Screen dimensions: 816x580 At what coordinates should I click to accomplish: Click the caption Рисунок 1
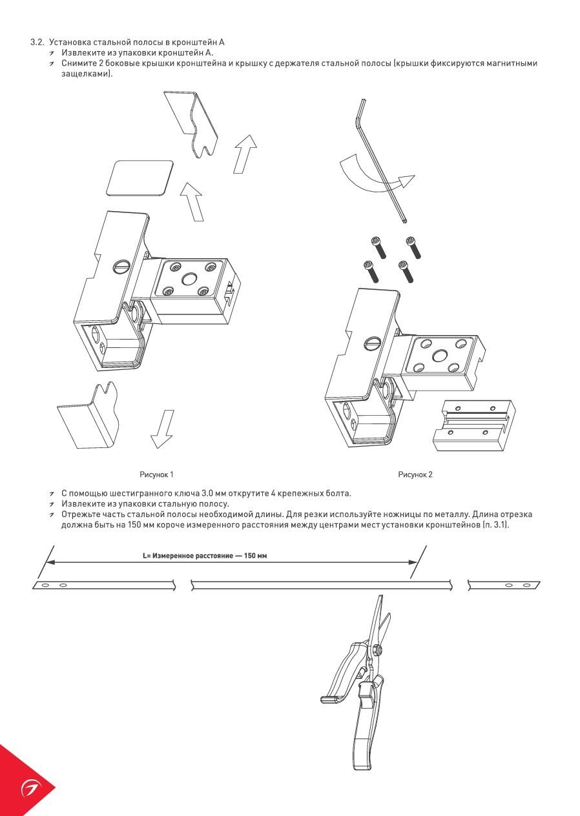pyautogui.click(x=156, y=474)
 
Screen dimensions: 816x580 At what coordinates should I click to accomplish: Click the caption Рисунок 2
pyautogui.click(x=415, y=474)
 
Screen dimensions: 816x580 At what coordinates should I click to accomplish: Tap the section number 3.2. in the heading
pyautogui.click(x=37, y=42)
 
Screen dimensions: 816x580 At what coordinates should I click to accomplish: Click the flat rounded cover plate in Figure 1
pyautogui.click(x=140, y=178)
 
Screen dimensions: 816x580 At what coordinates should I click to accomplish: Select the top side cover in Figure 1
pyautogui.click(x=191, y=122)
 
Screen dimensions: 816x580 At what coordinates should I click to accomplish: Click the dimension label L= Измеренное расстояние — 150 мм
pyautogui.click(x=205, y=555)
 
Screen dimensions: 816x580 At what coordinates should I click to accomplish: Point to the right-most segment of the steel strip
pyautogui.click(x=504, y=585)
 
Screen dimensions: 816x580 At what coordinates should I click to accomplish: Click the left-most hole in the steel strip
pyautogui.click(x=45, y=585)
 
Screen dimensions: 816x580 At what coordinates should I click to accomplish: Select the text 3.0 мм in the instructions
pyautogui.click(x=212, y=494)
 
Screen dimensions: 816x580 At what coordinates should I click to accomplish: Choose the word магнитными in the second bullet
pyautogui.click(x=512, y=63)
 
